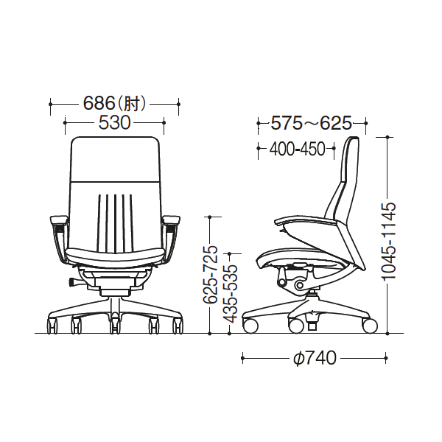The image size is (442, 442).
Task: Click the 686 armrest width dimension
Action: pyautogui.click(x=99, y=103)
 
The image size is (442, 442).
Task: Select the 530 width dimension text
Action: pyautogui.click(x=114, y=123)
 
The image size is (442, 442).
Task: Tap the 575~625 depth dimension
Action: pyautogui.click(x=311, y=123)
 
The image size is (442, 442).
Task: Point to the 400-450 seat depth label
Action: pyautogui.click(x=297, y=149)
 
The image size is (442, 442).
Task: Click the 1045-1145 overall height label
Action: pyautogui.click(x=388, y=241)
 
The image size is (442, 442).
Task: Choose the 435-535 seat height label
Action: pyautogui.click(x=231, y=293)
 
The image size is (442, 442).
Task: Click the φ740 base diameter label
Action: pyautogui.click(x=315, y=358)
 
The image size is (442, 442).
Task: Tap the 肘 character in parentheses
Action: pyautogui.click(x=131, y=103)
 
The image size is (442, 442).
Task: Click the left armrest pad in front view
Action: pyautogui.click(x=59, y=220)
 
